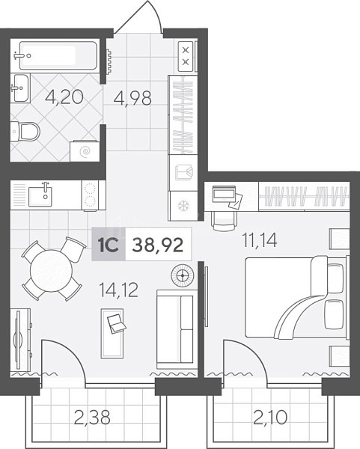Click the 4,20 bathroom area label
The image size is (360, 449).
[x=64, y=97]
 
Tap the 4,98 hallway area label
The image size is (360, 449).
[x=132, y=98]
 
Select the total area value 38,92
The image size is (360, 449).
[x=158, y=245]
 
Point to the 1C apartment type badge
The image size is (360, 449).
[x=109, y=244]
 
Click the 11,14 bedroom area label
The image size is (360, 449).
[x=260, y=240]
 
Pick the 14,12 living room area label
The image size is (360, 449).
[x=118, y=290]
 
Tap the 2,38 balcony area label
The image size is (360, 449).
[x=92, y=418]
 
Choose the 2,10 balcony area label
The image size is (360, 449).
[x=270, y=418]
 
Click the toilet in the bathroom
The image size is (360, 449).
[x=25, y=132]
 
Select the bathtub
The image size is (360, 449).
[x=58, y=55]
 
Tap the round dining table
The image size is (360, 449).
[x=51, y=271]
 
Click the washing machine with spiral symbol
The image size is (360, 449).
[x=85, y=150]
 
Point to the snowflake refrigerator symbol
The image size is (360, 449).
[x=183, y=206]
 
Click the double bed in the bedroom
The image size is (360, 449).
[x=297, y=297]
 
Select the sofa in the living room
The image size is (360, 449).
[x=177, y=329]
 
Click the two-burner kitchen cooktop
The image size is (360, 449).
[x=90, y=195]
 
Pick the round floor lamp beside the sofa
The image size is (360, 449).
[x=183, y=275]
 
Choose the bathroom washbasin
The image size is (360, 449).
[x=21, y=88]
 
